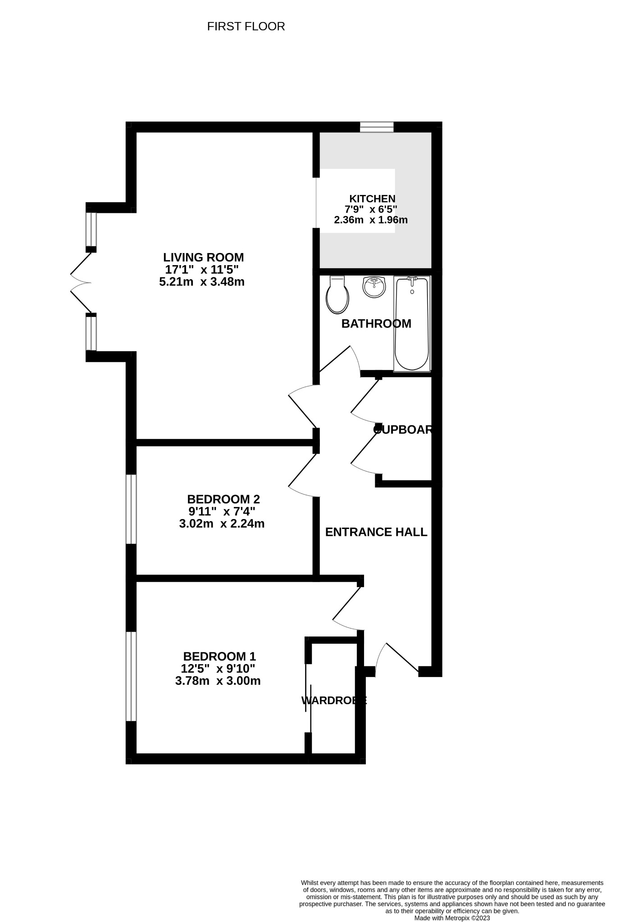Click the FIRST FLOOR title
coord(246,27)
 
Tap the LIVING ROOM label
coord(203,258)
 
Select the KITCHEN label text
coord(372,199)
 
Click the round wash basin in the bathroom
coord(374,287)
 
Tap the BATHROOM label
coord(376,324)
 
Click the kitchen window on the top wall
coord(377,127)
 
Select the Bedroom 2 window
coord(131,509)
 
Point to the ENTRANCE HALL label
coord(376,532)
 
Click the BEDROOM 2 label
coord(223,499)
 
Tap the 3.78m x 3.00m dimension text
coord(218,681)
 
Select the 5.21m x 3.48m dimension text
coord(202,282)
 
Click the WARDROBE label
coord(334,701)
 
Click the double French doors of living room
coord(81,283)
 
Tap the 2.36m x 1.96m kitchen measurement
coord(370,220)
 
